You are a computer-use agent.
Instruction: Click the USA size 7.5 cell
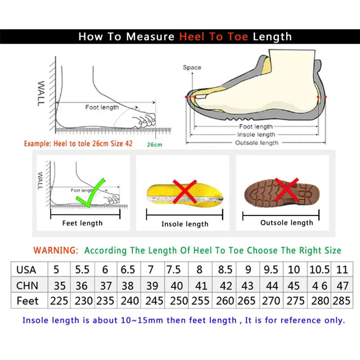coord(174,270)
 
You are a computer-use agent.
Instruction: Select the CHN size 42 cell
coord(225,286)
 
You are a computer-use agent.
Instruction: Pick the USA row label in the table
coord(26,270)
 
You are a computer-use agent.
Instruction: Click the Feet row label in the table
coord(27,301)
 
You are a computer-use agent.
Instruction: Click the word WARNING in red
coord(56,250)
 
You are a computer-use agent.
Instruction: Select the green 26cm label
coord(154,144)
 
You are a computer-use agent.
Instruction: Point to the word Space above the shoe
coord(192,67)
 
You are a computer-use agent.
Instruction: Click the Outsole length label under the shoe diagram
coord(257,143)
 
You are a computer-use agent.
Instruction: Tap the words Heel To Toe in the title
coord(214,37)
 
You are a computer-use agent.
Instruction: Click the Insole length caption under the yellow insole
coord(185,224)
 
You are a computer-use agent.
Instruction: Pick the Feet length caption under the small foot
coord(82,223)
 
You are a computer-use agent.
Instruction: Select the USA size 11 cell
coord(342,270)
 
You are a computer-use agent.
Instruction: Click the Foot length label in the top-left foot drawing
coord(102,107)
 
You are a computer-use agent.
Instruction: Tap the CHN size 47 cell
coord(342,286)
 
